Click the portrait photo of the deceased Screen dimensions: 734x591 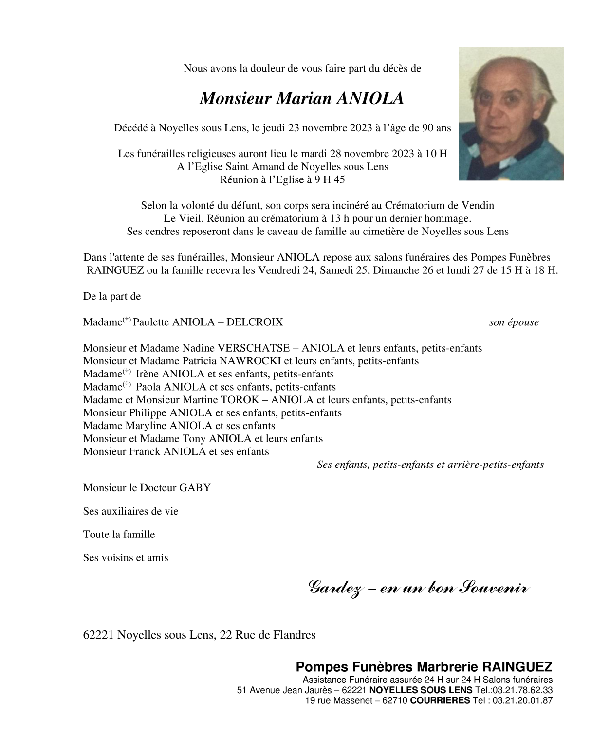[511, 114]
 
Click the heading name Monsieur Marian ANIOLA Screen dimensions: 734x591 [302, 98]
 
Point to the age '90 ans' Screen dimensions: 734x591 [436, 128]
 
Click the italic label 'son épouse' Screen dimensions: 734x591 [514, 322]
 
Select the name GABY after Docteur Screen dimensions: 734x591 [195, 488]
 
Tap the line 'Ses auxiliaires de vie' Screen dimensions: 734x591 [130, 511]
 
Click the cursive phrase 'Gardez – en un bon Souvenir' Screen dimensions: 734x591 [419, 589]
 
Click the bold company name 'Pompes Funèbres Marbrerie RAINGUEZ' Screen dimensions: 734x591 [424, 667]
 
